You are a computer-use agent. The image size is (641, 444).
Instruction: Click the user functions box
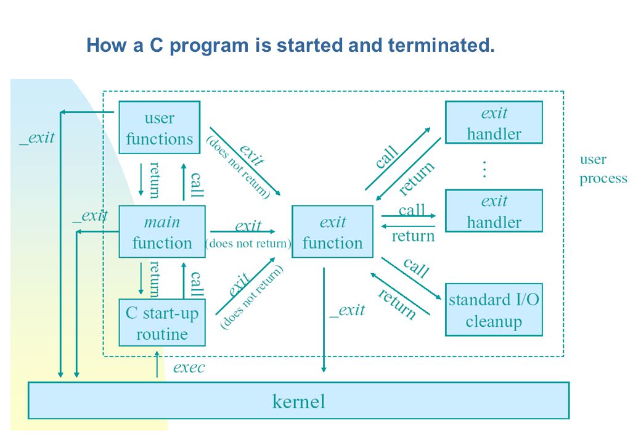(x=160, y=128)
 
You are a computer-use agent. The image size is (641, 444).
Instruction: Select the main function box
(x=162, y=232)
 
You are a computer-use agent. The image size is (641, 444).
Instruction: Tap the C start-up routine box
(x=162, y=323)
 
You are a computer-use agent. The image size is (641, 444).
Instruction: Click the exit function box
(x=332, y=232)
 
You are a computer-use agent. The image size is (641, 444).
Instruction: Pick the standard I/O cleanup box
(x=494, y=310)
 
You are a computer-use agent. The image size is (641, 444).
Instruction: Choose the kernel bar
(x=298, y=401)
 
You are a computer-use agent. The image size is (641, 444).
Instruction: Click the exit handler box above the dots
(x=494, y=123)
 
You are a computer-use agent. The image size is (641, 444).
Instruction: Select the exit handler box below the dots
(x=494, y=211)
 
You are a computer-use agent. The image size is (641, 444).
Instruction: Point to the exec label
(x=189, y=368)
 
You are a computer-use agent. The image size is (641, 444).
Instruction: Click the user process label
(x=603, y=169)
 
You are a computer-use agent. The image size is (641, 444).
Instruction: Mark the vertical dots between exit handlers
(x=484, y=169)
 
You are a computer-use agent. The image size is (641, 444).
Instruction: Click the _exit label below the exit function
(x=347, y=310)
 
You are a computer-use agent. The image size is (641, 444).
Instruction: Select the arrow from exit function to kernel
(x=324, y=320)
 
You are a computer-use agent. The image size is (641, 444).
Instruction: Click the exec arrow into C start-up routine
(x=157, y=364)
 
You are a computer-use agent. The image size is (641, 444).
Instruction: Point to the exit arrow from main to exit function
(x=243, y=232)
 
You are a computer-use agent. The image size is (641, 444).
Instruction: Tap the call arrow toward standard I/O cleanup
(x=412, y=278)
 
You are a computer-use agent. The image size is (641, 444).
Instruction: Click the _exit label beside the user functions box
(x=37, y=138)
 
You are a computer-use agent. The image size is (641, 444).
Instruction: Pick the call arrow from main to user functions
(x=184, y=182)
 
